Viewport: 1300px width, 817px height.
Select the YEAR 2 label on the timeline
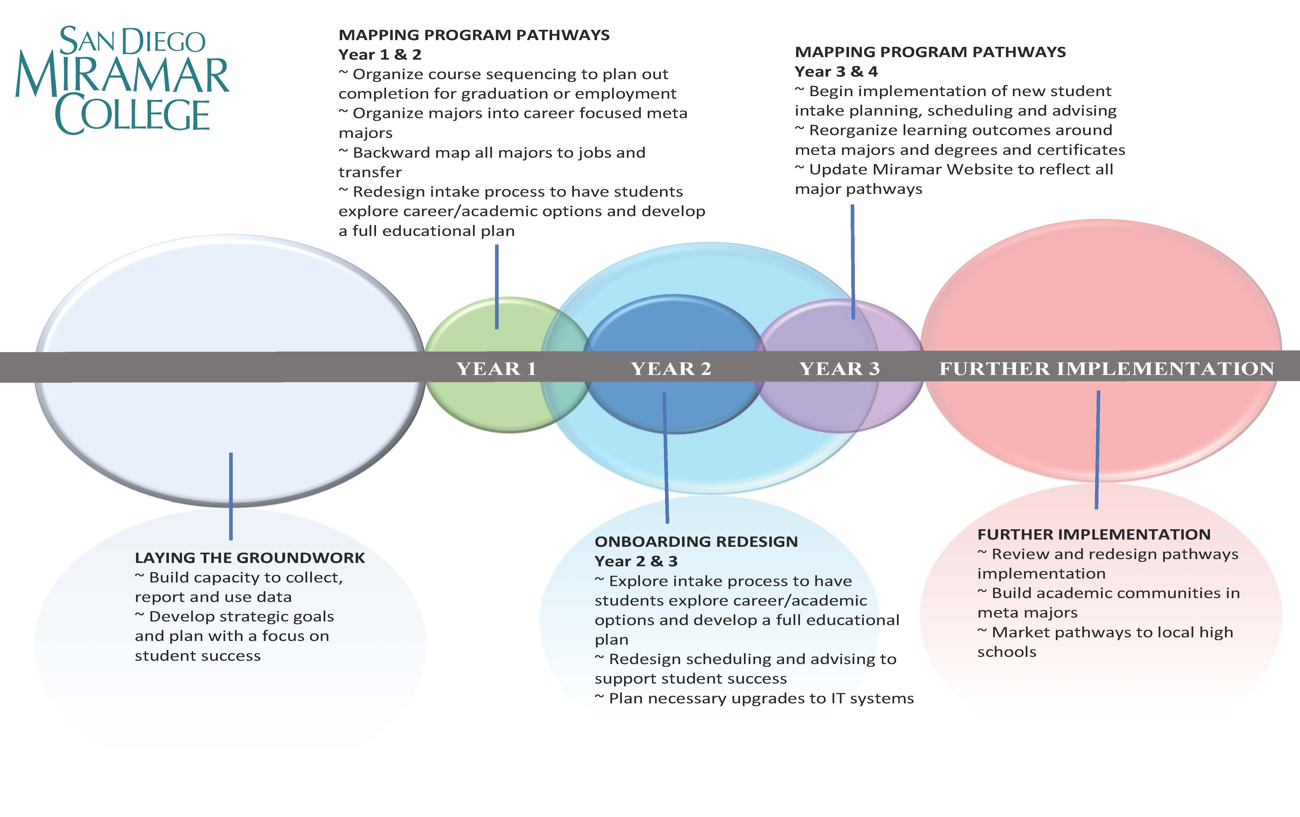[x=671, y=369]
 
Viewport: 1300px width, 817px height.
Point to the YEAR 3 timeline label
[x=840, y=369]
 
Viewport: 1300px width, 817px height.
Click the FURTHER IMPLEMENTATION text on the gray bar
[x=1107, y=369]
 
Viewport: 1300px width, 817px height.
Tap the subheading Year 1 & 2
[x=380, y=55]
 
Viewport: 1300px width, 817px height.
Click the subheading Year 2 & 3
[x=636, y=561]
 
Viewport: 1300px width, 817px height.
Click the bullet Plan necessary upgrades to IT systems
[x=754, y=698]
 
